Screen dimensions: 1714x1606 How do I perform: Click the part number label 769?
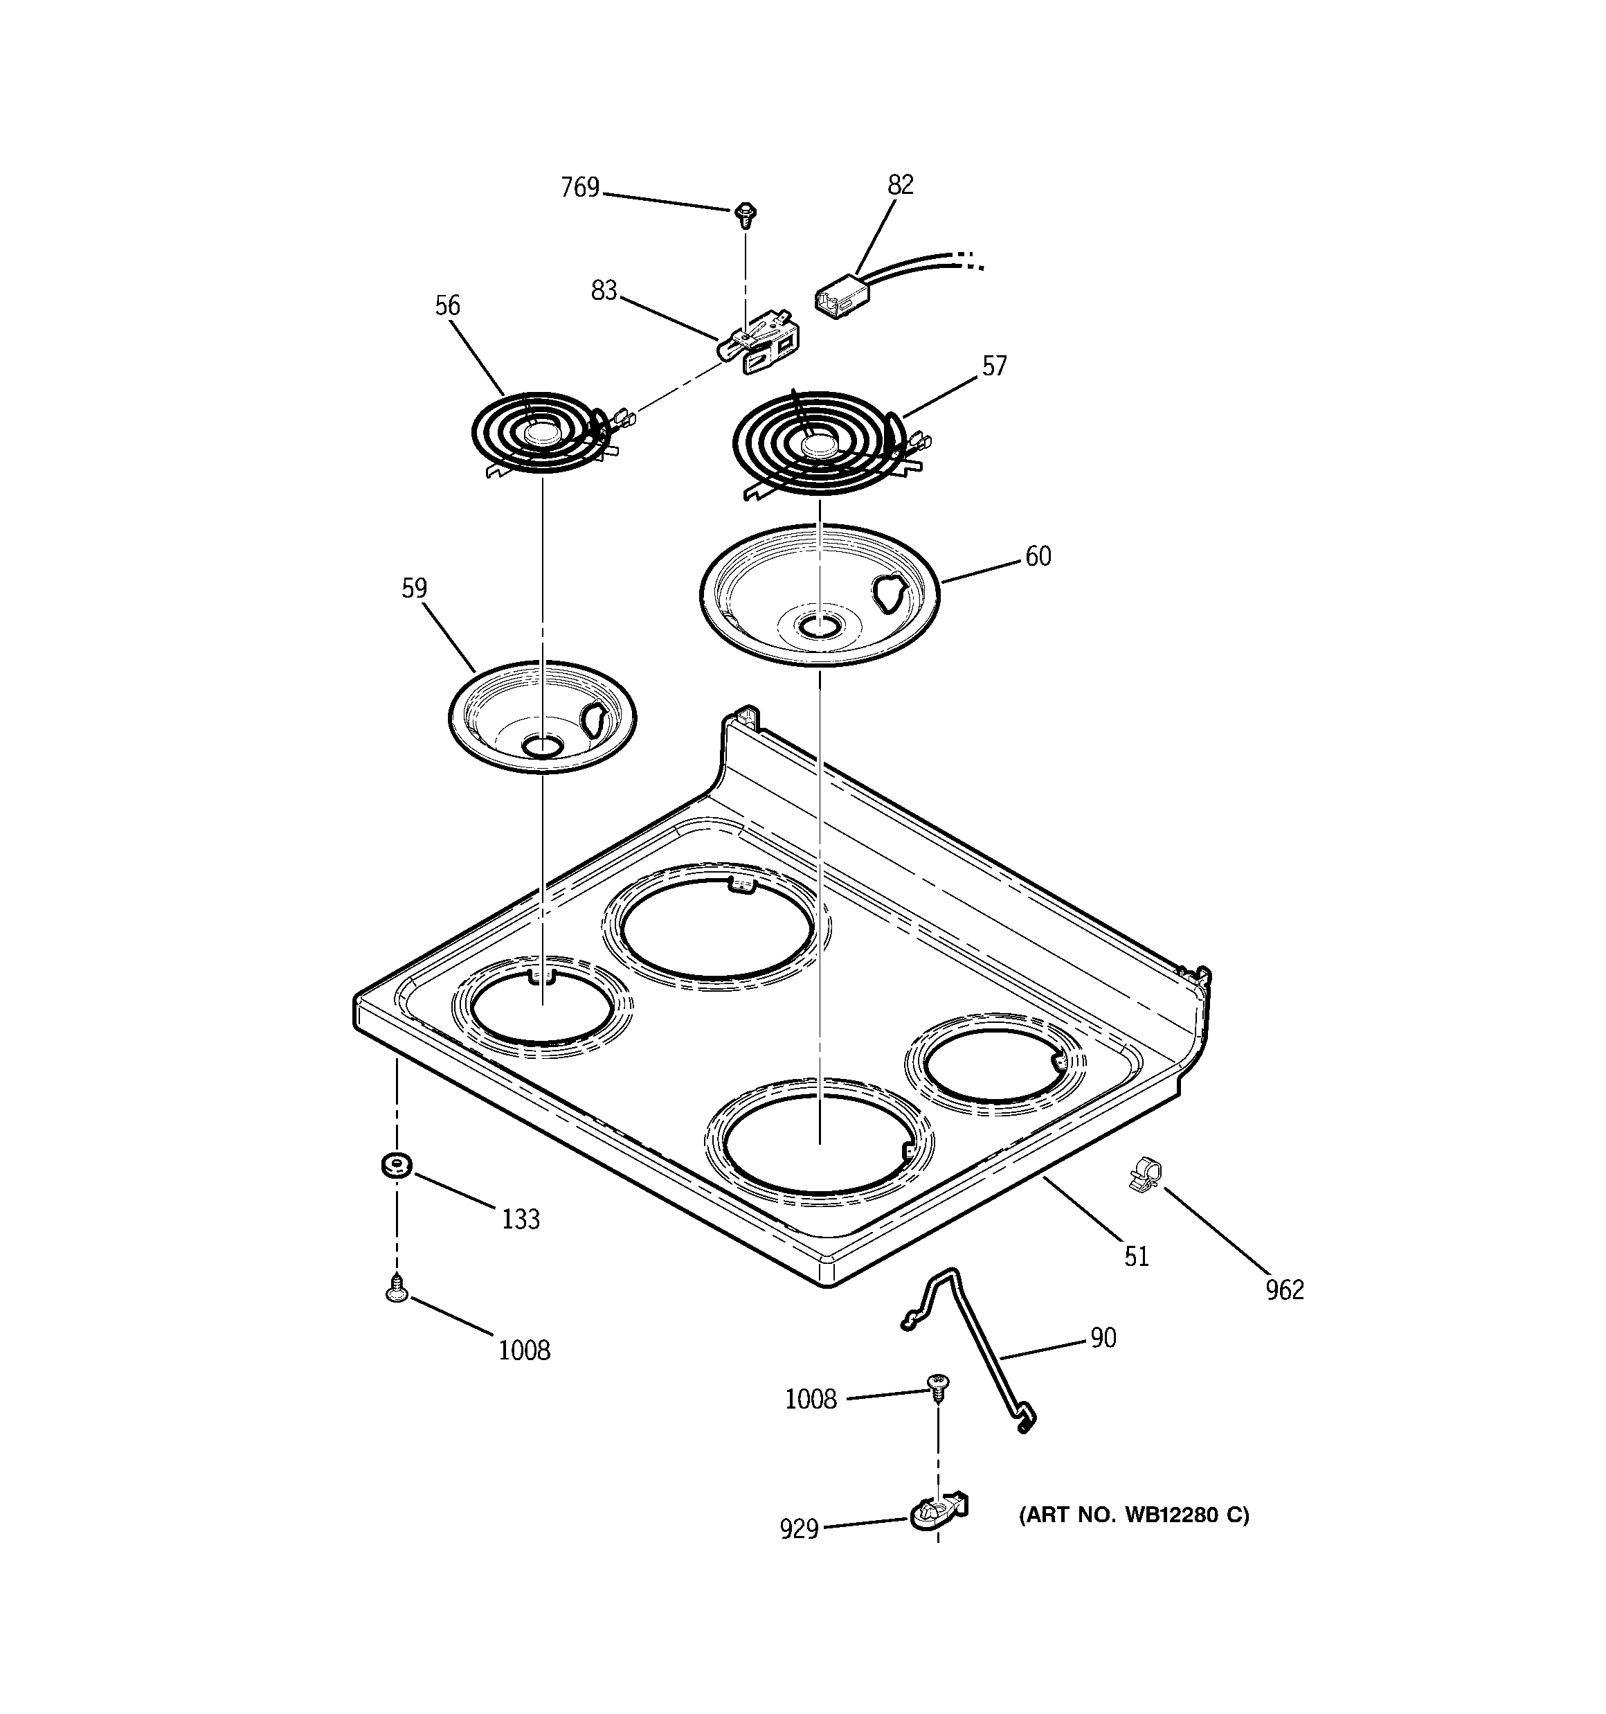pos(579,188)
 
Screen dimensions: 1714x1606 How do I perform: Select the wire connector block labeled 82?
pos(841,298)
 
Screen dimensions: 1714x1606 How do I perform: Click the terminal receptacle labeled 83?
pos(759,348)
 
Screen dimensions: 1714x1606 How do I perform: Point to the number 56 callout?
pos(446,306)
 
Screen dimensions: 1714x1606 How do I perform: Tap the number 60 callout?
pos(1038,557)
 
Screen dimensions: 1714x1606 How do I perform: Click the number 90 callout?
pos(1103,1338)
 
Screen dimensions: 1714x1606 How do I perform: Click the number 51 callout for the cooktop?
pos(1136,1257)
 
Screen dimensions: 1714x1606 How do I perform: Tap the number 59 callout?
pos(414,589)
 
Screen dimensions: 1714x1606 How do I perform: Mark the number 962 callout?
pos(1285,1289)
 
